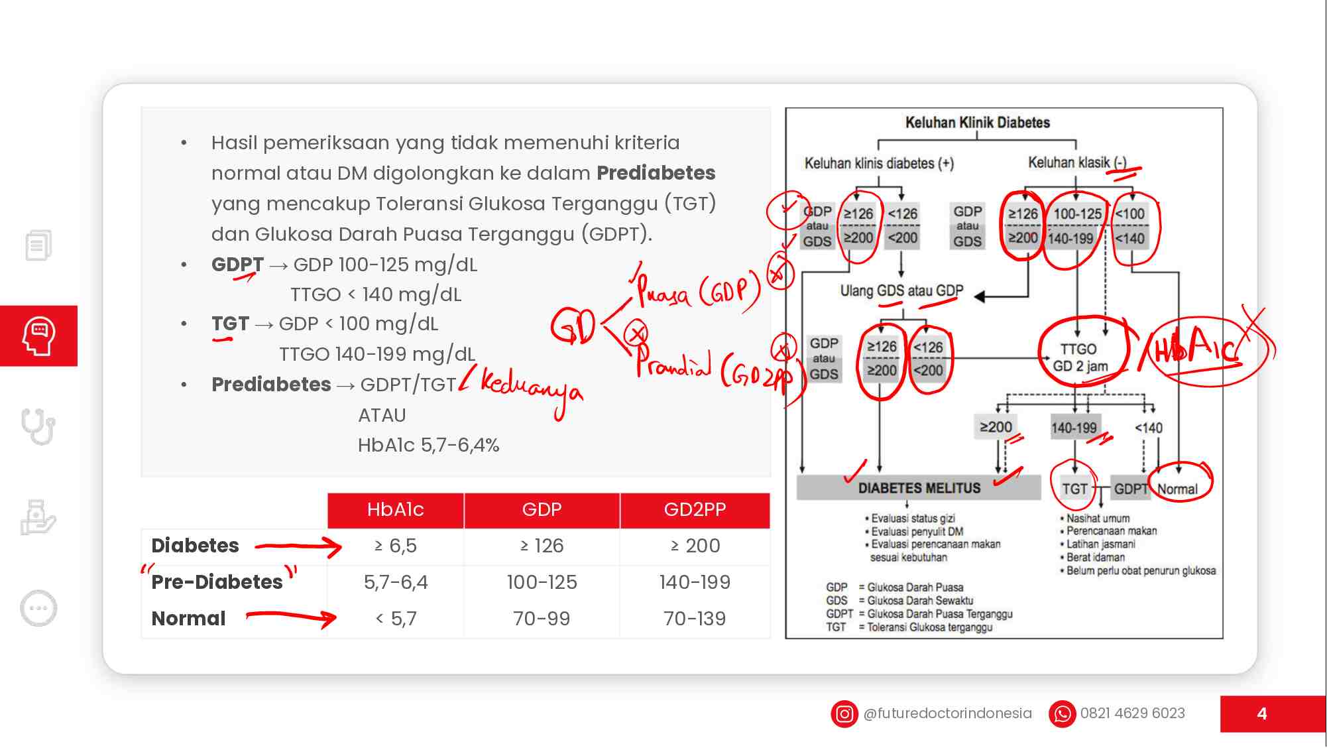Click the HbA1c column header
coord(395,509)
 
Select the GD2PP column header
coord(695,509)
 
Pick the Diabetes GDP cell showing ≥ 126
coord(542,546)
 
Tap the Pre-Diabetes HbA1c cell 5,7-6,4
coord(396,582)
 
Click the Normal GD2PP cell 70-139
coord(695,619)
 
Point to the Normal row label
coord(189,619)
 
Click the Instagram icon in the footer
coord(844,714)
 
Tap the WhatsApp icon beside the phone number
coord(1062,714)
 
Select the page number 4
coord(1262,714)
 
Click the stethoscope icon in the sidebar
coord(38,426)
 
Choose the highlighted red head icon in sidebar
coord(38,336)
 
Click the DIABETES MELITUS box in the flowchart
coord(919,488)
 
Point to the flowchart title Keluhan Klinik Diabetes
coord(978,123)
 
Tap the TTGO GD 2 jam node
coord(1080,357)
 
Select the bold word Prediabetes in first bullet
coord(656,173)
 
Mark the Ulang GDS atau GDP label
coord(901,290)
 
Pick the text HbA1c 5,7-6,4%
coord(428,445)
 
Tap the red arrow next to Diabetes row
coord(298,547)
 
